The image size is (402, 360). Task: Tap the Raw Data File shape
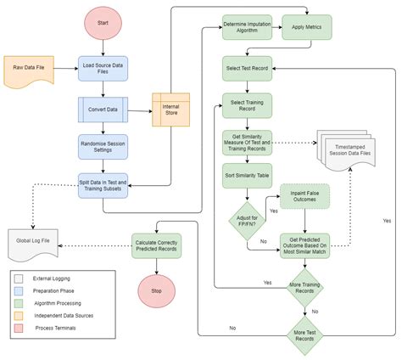(30, 69)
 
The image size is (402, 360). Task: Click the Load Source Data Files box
(103, 68)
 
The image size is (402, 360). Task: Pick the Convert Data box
(103, 109)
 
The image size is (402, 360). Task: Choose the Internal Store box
(170, 109)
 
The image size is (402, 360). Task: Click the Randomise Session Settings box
(103, 146)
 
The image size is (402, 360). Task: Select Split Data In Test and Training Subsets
(103, 184)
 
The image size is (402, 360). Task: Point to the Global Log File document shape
(31, 244)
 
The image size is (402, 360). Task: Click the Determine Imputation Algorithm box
(246, 27)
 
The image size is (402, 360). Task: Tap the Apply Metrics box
(306, 27)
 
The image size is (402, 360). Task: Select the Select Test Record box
(246, 67)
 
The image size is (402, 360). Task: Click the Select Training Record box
(246, 104)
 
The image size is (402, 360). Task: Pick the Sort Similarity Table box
(246, 177)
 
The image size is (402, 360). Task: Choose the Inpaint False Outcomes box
(305, 198)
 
